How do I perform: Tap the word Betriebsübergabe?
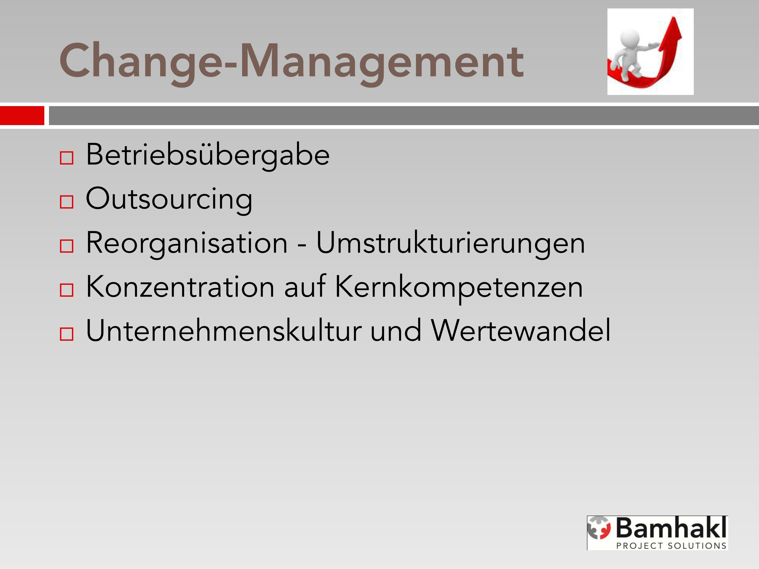pyautogui.click(x=208, y=155)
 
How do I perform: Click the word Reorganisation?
pyautogui.click(x=187, y=243)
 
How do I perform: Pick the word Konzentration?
pyautogui.click(x=180, y=287)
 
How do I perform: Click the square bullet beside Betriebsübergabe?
pyautogui.click(x=66, y=158)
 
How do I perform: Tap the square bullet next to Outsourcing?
pyautogui.click(x=66, y=202)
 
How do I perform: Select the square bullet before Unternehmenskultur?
pyautogui.click(x=66, y=334)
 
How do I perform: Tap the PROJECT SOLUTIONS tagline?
pyautogui.click(x=671, y=546)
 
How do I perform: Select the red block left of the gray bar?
pyautogui.click(x=22, y=116)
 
